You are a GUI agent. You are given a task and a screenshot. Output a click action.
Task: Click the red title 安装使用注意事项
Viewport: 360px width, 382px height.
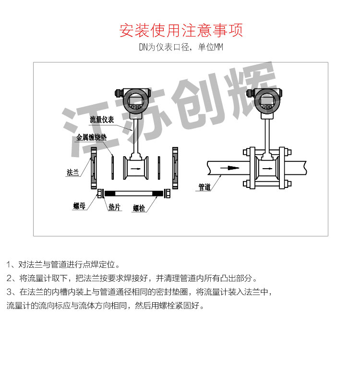click(181, 30)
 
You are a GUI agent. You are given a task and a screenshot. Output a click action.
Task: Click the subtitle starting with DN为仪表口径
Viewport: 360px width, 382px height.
click(181, 48)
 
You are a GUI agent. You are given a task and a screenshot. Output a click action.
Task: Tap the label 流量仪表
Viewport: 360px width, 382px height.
click(102, 120)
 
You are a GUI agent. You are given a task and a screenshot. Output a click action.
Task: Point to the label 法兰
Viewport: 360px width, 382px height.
click(72, 172)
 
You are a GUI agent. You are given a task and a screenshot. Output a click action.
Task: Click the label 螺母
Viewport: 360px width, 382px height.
click(79, 206)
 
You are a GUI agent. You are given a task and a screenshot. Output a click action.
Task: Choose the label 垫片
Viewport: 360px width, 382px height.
click(114, 207)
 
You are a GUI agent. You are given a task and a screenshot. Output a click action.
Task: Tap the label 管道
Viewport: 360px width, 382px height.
click(204, 187)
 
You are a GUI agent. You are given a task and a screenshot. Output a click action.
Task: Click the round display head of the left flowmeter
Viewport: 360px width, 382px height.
click(136, 101)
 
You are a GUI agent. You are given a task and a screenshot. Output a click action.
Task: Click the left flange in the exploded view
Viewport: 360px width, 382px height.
click(94, 168)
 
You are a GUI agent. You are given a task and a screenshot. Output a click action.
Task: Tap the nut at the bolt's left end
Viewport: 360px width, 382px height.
click(100, 194)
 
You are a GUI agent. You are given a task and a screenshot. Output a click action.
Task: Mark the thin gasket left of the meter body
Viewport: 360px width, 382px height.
click(112, 168)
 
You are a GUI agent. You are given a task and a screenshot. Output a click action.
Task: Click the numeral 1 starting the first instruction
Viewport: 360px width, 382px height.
click(9, 265)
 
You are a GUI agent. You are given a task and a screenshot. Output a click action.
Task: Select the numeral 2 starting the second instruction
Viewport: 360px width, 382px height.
click(9, 278)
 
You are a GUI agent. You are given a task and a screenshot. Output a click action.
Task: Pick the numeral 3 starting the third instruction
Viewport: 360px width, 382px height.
click(9, 292)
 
